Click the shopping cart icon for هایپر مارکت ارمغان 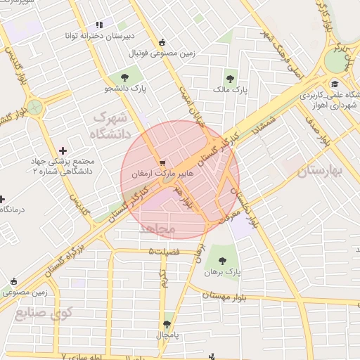point(163,161)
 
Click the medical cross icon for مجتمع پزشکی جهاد point(64,150)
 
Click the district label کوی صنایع point(44,313)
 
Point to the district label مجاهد point(162,229)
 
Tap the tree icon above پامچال point(167,324)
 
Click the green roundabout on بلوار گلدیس point(32,108)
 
